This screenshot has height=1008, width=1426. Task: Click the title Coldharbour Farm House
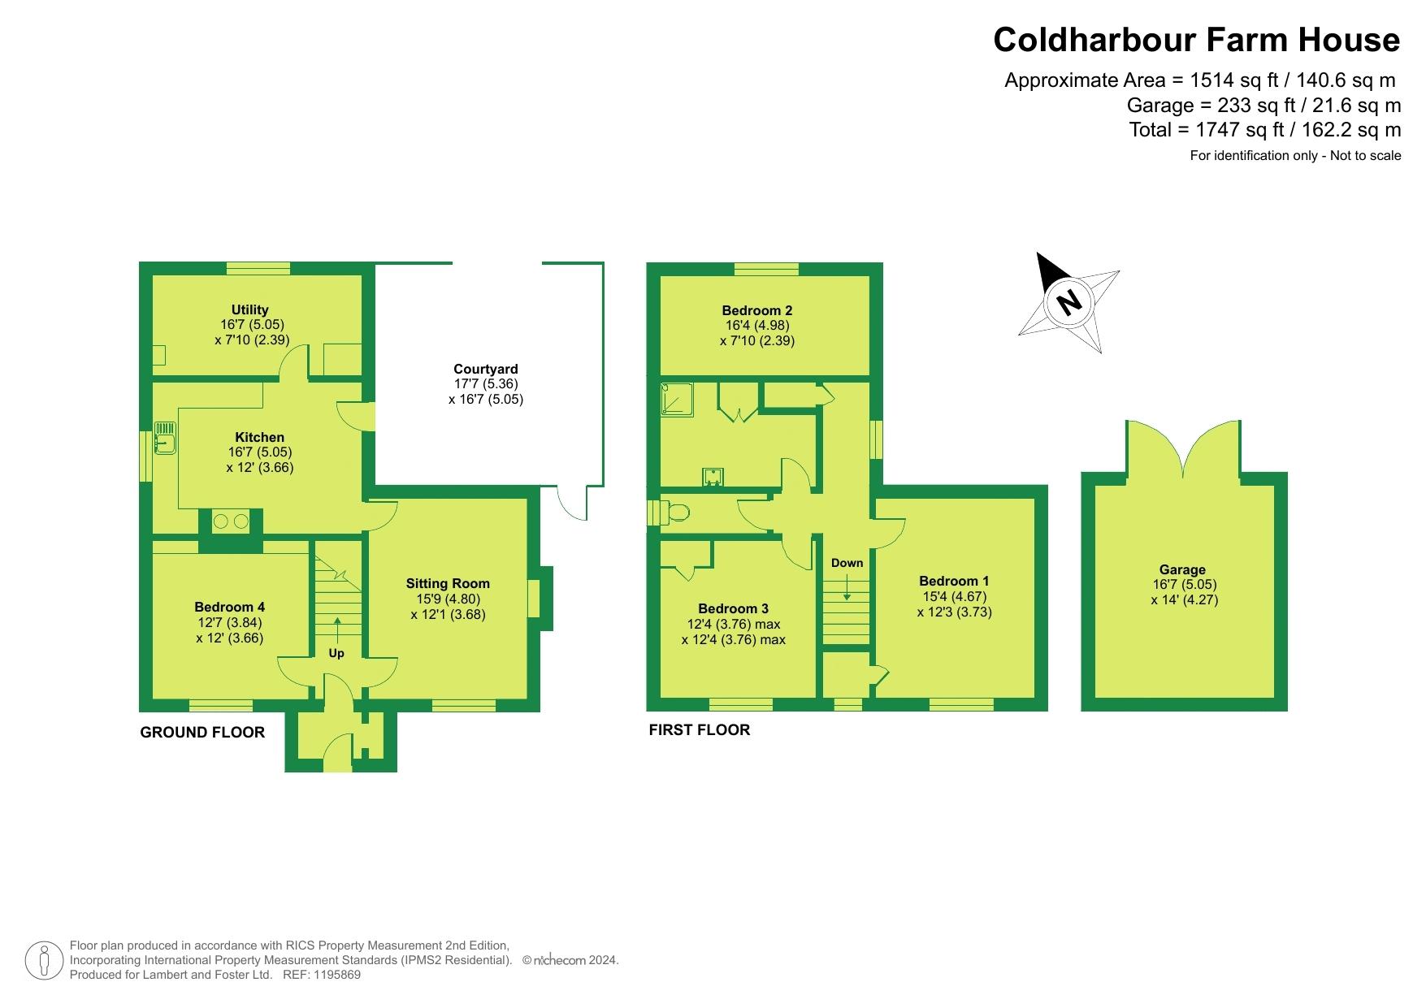[1197, 40]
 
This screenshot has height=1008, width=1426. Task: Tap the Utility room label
[249, 309]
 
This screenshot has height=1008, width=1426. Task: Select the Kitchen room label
[260, 437]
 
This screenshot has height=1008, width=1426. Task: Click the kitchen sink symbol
[165, 437]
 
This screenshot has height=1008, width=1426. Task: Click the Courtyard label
[486, 369]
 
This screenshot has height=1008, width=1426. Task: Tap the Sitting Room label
[448, 583]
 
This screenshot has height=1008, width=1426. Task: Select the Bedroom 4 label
[229, 607]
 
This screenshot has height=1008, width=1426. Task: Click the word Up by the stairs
[336, 654]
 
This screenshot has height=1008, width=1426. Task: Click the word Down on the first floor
[847, 563]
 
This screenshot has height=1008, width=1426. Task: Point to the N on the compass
[1069, 302]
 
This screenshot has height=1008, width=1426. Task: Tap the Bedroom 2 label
[757, 310]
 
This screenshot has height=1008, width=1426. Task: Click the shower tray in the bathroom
[678, 400]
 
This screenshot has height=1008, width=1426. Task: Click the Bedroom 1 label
[954, 581]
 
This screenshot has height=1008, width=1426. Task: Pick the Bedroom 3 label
[733, 608]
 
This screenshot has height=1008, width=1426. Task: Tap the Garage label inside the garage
[1183, 569]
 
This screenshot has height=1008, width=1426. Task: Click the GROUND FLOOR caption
[202, 733]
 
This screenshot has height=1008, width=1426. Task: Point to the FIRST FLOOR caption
[700, 730]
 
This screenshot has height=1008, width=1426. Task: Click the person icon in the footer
[45, 961]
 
